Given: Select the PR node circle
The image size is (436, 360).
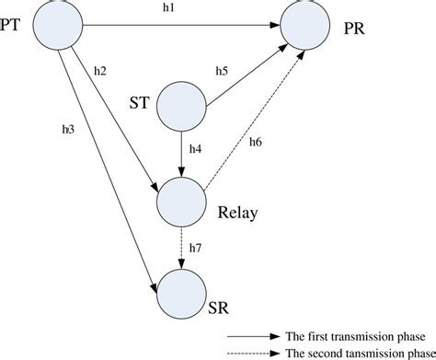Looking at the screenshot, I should pyautogui.click(x=304, y=27).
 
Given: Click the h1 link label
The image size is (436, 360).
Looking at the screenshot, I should pyautogui.click(x=181, y=8).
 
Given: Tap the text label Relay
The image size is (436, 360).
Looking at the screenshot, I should pyautogui.click(x=238, y=215).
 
